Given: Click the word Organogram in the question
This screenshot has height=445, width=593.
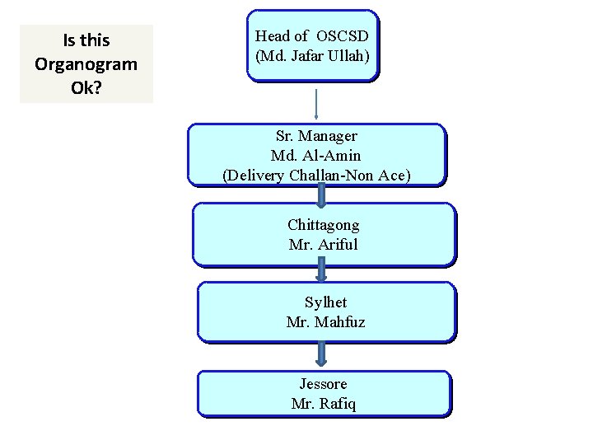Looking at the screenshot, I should click(x=86, y=63).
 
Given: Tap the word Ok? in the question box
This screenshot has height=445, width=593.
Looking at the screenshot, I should click(x=86, y=87).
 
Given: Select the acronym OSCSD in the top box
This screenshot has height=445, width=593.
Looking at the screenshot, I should click(x=343, y=36).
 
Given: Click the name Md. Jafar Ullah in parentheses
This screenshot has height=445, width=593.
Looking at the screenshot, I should click(x=313, y=58).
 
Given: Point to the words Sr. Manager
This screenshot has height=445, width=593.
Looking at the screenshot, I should click(x=316, y=136).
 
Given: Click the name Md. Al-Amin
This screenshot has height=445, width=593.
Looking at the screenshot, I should click(x=316, y=155).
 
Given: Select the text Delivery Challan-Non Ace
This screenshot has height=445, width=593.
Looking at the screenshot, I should click(x=316, y=175).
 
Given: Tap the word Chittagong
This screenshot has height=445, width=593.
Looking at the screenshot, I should click(x=324, y=224).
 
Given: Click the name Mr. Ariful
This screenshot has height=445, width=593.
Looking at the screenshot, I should click(x=324, y=244).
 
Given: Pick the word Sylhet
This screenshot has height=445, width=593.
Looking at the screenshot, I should click(x=325, y=302).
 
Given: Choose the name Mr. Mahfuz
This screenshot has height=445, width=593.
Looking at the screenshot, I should click(x=325, y=321).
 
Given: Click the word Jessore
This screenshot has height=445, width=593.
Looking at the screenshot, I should click(x=324, y=384).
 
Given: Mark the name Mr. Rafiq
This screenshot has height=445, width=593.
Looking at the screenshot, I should click(x=324, y=404).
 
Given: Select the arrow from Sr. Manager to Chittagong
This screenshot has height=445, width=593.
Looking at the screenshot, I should click(x=321, y=194).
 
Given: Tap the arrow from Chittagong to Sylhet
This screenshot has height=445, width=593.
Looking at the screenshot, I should click(x=321, y=273).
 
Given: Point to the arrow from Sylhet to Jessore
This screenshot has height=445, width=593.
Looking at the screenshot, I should click(x=321, y=354).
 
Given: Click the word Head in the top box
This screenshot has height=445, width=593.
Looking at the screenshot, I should click(x=273, y=36).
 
